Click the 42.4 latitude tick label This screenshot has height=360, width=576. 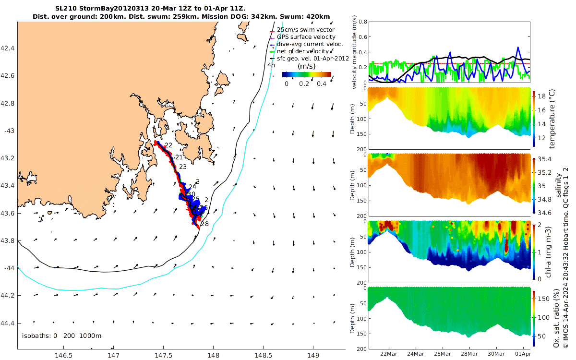(8, 48)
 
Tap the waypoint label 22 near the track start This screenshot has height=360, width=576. (168, 145)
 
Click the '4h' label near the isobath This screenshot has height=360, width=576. (271, 65)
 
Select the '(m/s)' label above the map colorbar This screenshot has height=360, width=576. (306, 66)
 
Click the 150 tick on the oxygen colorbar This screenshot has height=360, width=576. (545, 299)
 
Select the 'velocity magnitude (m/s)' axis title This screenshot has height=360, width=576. (355, 52)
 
